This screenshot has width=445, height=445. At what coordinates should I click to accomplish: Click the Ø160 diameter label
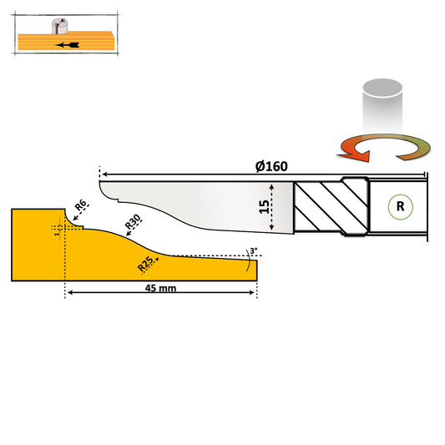(272, 165)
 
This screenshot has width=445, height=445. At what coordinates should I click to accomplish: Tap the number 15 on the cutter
(263, 206)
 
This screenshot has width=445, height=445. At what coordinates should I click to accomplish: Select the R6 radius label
(82, 206)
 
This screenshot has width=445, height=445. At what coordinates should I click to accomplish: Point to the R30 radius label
(133, 222)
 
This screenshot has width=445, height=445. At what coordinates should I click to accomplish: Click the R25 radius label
(145, 264)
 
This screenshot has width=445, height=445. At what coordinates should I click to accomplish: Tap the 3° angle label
(253, 250)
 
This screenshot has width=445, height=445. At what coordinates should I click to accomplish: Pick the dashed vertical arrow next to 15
(275, 207)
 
